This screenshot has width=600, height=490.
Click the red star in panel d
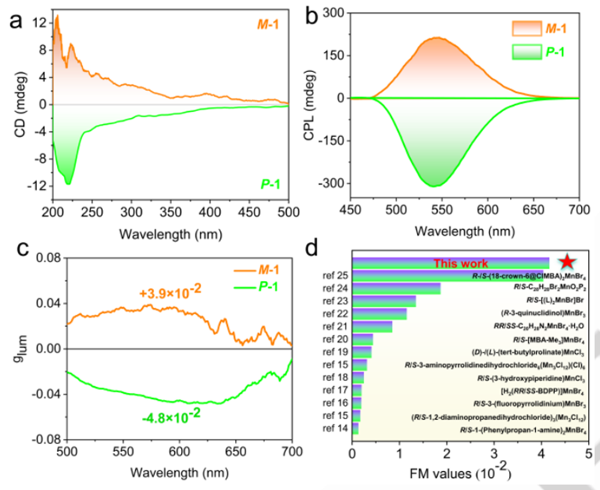pos(568,262)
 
